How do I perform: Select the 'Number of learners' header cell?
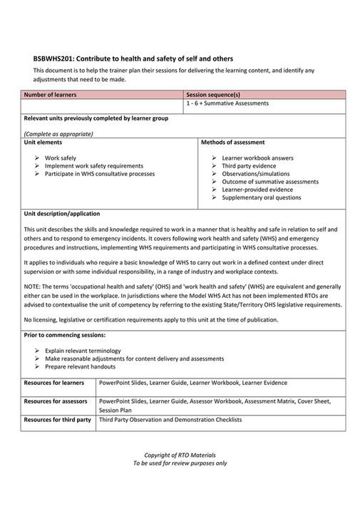click(x=50, y=94)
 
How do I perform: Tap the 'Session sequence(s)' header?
click(x=212, y=94)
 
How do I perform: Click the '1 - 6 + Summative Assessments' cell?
click(x=227, y=103)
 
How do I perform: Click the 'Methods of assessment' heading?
click(x=233, y=143)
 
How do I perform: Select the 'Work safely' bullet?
click(x=61, y=158)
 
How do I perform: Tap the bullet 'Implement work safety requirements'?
click(x=93, y=165)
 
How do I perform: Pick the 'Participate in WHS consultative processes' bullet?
click(x=99, y=173)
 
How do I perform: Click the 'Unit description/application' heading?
click(x=62, y=213)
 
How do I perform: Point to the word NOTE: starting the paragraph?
click(x=33, y=285)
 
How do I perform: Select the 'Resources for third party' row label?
click(x=58, y=420)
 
